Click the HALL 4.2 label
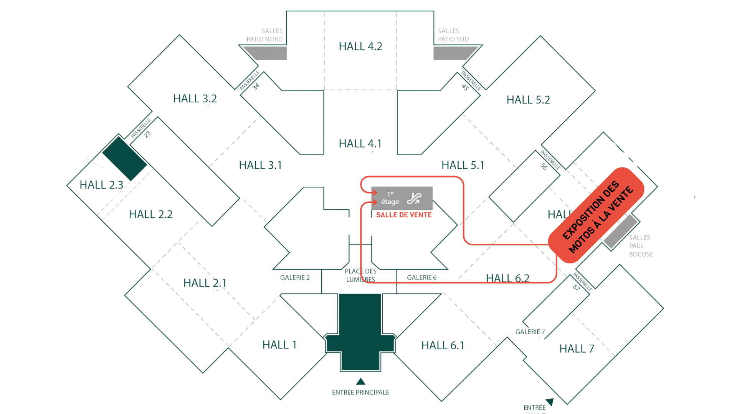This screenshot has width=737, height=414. click(x=360, y=46)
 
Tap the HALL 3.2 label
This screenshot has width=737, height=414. click(x=195, y=99)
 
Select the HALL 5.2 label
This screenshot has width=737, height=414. click(x=528, y=100)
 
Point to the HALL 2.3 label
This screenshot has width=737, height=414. click(x=101, y=185)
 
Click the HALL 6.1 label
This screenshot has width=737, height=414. click(x=443, y=345)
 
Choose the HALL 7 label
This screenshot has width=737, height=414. click(x=577, y=348)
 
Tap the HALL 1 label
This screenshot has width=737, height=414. click(x=279, y=345)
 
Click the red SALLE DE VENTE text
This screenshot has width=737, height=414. click(x=404, y=215)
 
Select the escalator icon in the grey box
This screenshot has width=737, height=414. click(x=415, y=198)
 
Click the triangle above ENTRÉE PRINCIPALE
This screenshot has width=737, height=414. click(x=360, y=381)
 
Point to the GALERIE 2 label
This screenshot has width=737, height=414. click(x=295, y=278)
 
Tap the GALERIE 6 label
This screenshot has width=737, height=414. click(x=421, y=278)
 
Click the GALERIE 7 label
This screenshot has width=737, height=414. click(x=530, y=332)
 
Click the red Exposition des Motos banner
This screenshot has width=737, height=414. click(x=597, y=215)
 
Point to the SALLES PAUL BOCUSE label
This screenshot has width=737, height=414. click(x=641, y=246)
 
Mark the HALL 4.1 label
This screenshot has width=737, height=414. click(x=360, y=143)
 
